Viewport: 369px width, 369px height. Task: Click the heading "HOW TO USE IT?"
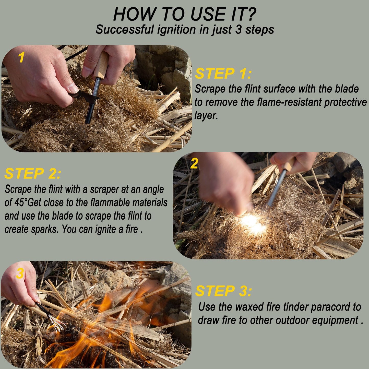tap(184, 14)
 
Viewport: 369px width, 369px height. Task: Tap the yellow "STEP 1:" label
tap(223, 74)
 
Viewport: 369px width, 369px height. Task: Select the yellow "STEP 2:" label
tap(33, 174)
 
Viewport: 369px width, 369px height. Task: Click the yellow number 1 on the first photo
tap(21, 57)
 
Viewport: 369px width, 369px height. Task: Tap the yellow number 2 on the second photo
tap(194, 163)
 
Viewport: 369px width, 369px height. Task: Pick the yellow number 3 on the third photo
tap(20, 274)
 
